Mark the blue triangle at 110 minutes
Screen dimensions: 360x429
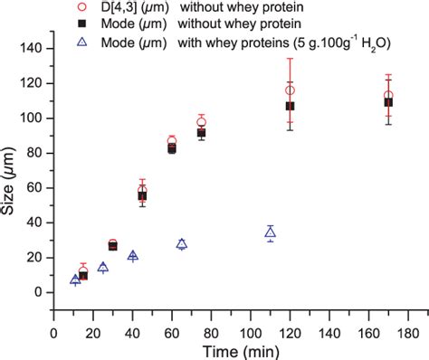[x=270, y=232]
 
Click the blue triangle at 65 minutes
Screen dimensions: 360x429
[x=182, y=243]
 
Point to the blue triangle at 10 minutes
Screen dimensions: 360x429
[x=75, y=279]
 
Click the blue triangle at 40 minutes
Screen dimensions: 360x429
[x=133, y=256]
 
